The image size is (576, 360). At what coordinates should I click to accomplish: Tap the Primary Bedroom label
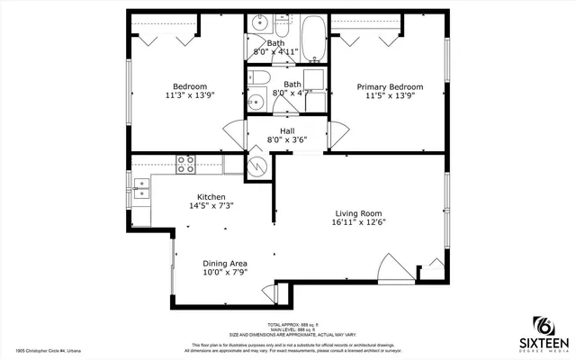coord(390,87)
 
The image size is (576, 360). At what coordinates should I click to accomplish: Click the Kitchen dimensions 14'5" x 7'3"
coord(211,206)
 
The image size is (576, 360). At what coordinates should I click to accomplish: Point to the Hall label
coord(287,130)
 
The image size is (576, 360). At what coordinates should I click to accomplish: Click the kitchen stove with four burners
coord(186,164)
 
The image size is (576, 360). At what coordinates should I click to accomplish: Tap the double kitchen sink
coord(140,187)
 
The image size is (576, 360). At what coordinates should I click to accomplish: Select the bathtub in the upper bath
coord(313,36)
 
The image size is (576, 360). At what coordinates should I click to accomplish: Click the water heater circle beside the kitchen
coord(256,167)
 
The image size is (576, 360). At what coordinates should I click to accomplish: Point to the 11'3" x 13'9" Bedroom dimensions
coord(191,94)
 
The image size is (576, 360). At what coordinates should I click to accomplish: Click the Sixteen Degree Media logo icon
coord(543,326)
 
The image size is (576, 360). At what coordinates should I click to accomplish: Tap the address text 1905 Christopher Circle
coord(54,352)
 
